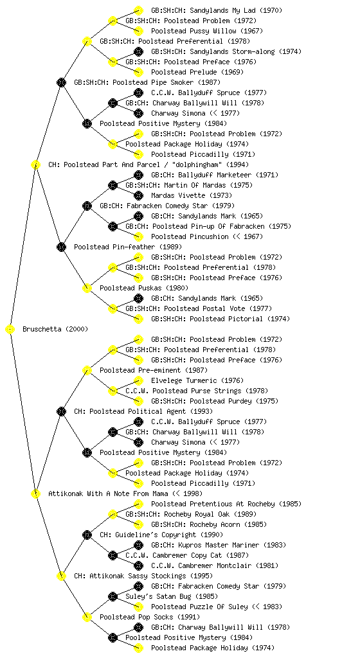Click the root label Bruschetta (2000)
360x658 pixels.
55,329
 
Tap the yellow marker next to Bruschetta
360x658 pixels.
10,330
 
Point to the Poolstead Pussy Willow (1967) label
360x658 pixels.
207,31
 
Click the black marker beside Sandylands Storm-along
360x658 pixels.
138,51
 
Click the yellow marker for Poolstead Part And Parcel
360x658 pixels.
36,165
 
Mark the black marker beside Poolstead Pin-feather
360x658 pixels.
62,247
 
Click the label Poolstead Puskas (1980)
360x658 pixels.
144,288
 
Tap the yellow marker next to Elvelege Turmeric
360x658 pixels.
138,380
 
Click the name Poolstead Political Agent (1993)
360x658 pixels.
143,411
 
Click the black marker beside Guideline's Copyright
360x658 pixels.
87,535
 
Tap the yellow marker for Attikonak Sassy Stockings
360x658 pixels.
62,576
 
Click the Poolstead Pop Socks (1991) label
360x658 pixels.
150,617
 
